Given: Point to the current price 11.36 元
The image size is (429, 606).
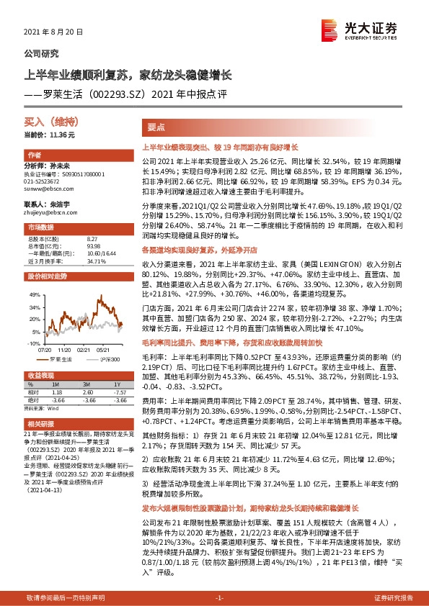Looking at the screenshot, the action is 60,135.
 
